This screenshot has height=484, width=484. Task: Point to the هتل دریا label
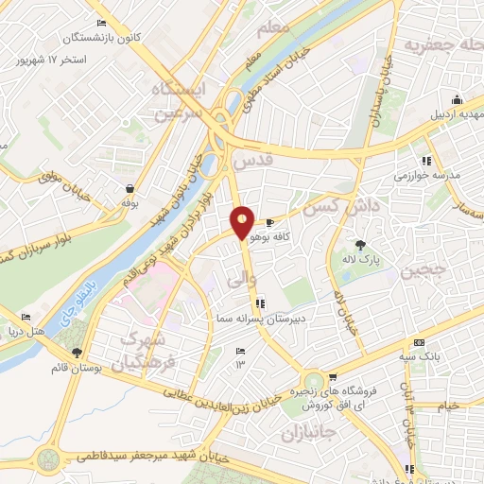pyautogui.click(x=54, y=330)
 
